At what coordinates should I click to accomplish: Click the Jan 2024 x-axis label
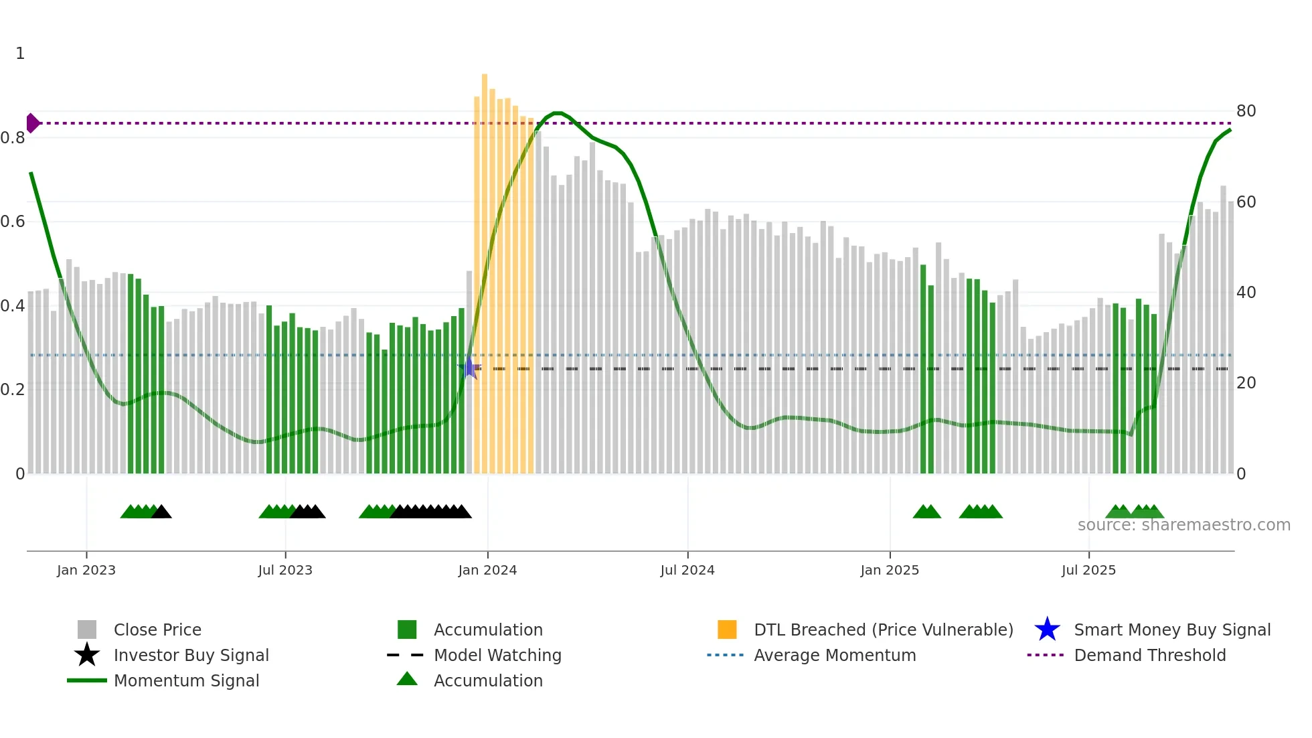tap(487, 570)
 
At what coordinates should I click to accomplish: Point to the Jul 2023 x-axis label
tap(285, 570)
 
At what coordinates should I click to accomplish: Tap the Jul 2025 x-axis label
tap(1088, 570)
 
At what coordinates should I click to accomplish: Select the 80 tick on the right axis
tap(1246, 111)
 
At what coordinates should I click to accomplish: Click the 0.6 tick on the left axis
tap(13, 222)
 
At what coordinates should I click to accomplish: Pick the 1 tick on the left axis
tap(20, 54)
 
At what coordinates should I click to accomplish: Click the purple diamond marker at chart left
tap(32, 123)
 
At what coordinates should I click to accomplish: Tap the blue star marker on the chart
tap(469, 368)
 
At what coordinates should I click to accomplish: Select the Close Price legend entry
tap(157, 630)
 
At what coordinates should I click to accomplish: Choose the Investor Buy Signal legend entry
tap(191, 655)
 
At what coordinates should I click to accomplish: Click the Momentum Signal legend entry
tap(186, 680)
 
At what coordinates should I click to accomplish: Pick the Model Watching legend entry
tap(497, 655)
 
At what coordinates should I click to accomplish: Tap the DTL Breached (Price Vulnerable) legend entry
tap(883, 630)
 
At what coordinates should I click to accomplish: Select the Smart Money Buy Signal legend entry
tap(1171, 630)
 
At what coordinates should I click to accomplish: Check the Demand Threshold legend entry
tap(1149, 655)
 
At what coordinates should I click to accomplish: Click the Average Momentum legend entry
tap(834, 655)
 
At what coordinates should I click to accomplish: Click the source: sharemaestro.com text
tap(1183, 525)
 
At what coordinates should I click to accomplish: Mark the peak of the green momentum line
tap(558, 113)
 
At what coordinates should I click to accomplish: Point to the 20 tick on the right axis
tap(1246, 383)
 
